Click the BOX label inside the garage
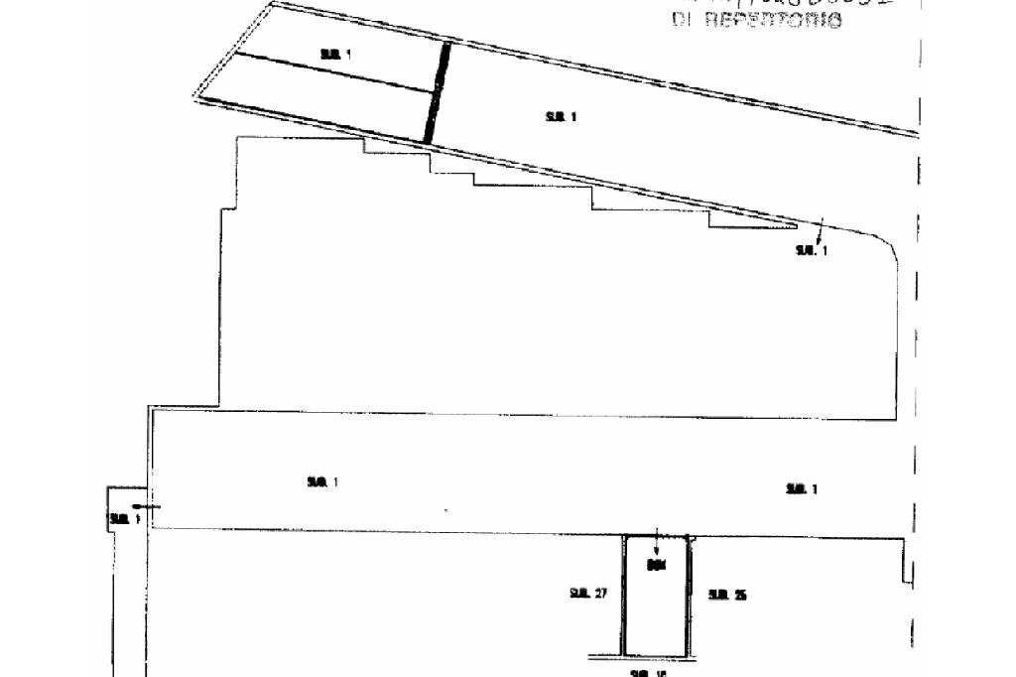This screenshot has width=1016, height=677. coord(655,566)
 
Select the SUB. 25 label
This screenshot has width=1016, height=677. coord(727,595)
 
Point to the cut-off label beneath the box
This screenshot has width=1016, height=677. coord(649,673)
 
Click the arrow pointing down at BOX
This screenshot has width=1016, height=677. coord(656,547)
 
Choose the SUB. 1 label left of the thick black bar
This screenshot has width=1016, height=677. coord(335,55)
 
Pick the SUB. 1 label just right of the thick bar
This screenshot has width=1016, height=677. coord(561,117)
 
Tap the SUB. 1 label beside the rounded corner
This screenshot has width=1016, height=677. coord(811,250)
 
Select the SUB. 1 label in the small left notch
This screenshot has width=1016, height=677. coord(124,519)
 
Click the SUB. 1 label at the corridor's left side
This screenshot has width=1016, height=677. coord(322,482)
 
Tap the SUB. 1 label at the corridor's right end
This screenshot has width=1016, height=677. coord(801,488)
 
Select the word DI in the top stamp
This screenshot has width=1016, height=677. coord(682,19)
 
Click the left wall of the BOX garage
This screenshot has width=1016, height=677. coord(623,596)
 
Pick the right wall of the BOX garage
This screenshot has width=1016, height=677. coord(689,596)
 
